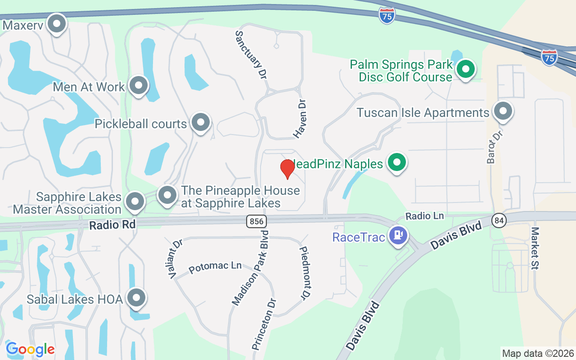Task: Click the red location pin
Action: click(287, 168)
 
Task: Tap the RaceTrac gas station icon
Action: click(398, 235)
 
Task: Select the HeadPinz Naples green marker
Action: click(396, 162)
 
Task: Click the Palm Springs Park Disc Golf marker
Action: click(466, 70)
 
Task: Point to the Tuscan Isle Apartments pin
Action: click(503, 111)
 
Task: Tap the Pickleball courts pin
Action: click(201, 122)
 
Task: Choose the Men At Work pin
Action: click(139, 85)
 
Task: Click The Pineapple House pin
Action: click(167, 195)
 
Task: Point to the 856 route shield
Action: click(256, 221)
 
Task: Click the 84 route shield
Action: click(499, 220)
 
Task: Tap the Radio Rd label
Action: click(112, 225)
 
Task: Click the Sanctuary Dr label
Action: click(249, 55)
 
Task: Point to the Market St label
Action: click(535, 248)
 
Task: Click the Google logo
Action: click(30, 349)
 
